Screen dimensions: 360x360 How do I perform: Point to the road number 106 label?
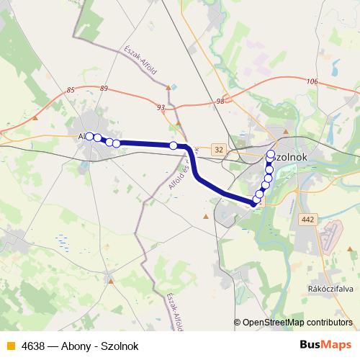coord(312,81)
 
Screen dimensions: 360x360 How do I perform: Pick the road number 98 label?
coord(220,102)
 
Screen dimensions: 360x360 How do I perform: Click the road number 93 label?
coord(160,107)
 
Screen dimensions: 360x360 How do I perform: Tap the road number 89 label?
coord(104,88)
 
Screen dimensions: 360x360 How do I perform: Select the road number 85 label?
coord(70,89)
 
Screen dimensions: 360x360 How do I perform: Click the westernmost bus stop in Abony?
coord(89,136)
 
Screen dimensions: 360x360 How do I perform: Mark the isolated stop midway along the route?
coord(174,145)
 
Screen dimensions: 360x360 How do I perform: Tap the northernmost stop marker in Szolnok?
coord(271,154)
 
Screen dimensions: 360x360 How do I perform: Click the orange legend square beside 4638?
coord(9,346)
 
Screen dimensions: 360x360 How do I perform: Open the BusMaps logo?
coord(326,346)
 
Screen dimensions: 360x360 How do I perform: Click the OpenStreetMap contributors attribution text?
coord(297,323)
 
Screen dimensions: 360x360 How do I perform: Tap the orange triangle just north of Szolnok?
coord(286,132)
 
